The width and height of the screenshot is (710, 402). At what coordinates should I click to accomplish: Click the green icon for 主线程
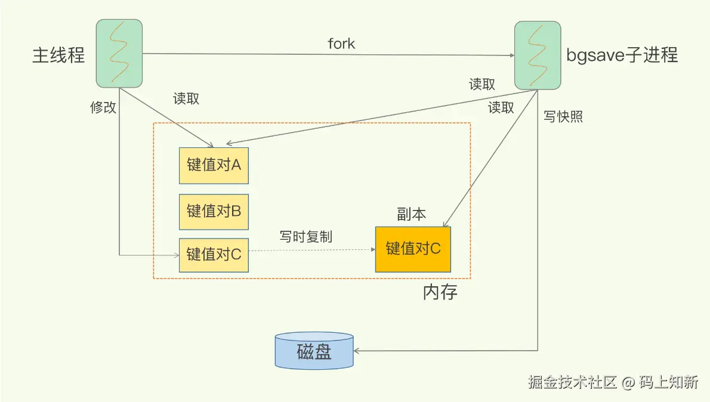(x=119, y=53)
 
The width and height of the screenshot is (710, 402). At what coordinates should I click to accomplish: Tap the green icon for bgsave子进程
(x=538, y=54)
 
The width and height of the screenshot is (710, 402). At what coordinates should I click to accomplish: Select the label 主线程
(x=58, y=55)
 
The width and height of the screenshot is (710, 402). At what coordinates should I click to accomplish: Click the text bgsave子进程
(x=622, y=55)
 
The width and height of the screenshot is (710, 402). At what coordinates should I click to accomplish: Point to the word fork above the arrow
(x=341, y=44)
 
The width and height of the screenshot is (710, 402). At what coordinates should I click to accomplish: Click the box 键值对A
(x=214, y=165)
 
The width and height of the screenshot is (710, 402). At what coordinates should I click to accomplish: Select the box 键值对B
(x=214, y=211)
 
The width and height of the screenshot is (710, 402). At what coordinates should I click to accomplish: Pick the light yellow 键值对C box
(x=214, y=255)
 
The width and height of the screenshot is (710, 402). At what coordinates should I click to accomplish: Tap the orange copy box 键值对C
(x=413, y=249)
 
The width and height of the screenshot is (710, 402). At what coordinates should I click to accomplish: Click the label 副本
(x=412, y=215)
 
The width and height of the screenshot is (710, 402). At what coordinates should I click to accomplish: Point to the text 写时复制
(x=306, y=236)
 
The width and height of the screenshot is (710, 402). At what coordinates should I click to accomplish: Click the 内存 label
(x=440, y=292)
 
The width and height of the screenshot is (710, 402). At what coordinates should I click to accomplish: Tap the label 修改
(x=103, y=107)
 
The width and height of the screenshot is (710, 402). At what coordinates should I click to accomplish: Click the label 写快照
(x=563, y=116)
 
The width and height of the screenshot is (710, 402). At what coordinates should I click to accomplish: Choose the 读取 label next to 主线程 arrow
(x=186, y=99)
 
